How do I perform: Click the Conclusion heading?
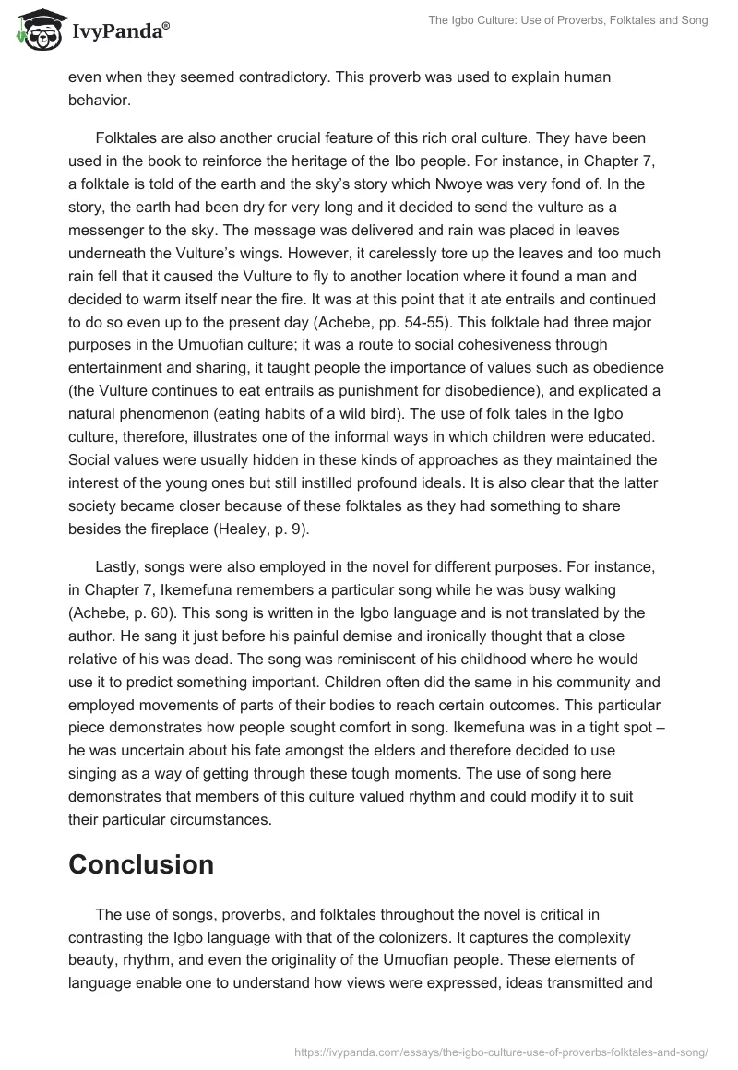[141, 863]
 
